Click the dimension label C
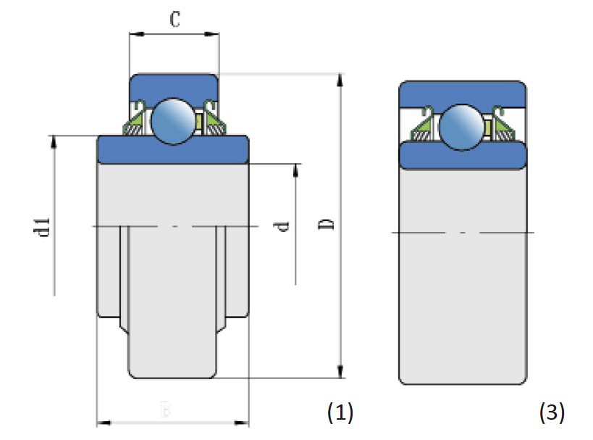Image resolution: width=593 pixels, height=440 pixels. (x=174, y=19)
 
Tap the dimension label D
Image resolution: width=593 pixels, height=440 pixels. (x=327, y=225)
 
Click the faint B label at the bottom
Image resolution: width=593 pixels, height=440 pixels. (x=166, y=411)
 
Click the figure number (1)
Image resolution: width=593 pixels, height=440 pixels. (x=340, y=413)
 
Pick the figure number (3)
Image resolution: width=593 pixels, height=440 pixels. (x=552, y=413)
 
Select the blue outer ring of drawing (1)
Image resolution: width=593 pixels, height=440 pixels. (x=174, y=84)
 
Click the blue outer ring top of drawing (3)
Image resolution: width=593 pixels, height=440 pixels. (x=463, y=92)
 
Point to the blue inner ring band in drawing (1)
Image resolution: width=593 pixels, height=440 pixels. (x=174, y=149)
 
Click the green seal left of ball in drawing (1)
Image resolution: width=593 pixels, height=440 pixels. (x=137, y=123)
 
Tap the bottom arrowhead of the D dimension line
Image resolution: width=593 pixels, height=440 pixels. (x=340, y=373)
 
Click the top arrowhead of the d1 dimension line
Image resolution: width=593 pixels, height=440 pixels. (x=54, y=141)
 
